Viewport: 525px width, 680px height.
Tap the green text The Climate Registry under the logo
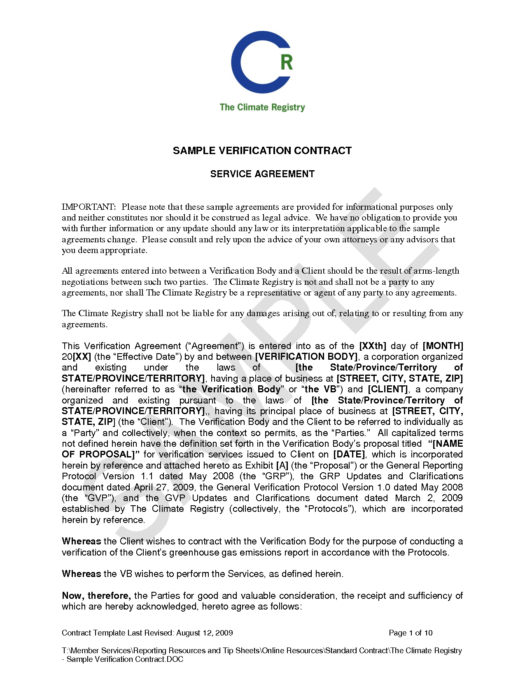point(262,108)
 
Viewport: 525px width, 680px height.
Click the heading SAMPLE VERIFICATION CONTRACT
point(262,151)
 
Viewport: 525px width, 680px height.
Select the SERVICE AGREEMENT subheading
point(262,174)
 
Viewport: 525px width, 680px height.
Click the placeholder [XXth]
point(373,346)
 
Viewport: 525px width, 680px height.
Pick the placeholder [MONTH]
point(443,346)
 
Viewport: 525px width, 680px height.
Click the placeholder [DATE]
point(349,455)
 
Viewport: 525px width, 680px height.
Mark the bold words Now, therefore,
point(96,596)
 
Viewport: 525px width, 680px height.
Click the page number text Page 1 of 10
point(411,633)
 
